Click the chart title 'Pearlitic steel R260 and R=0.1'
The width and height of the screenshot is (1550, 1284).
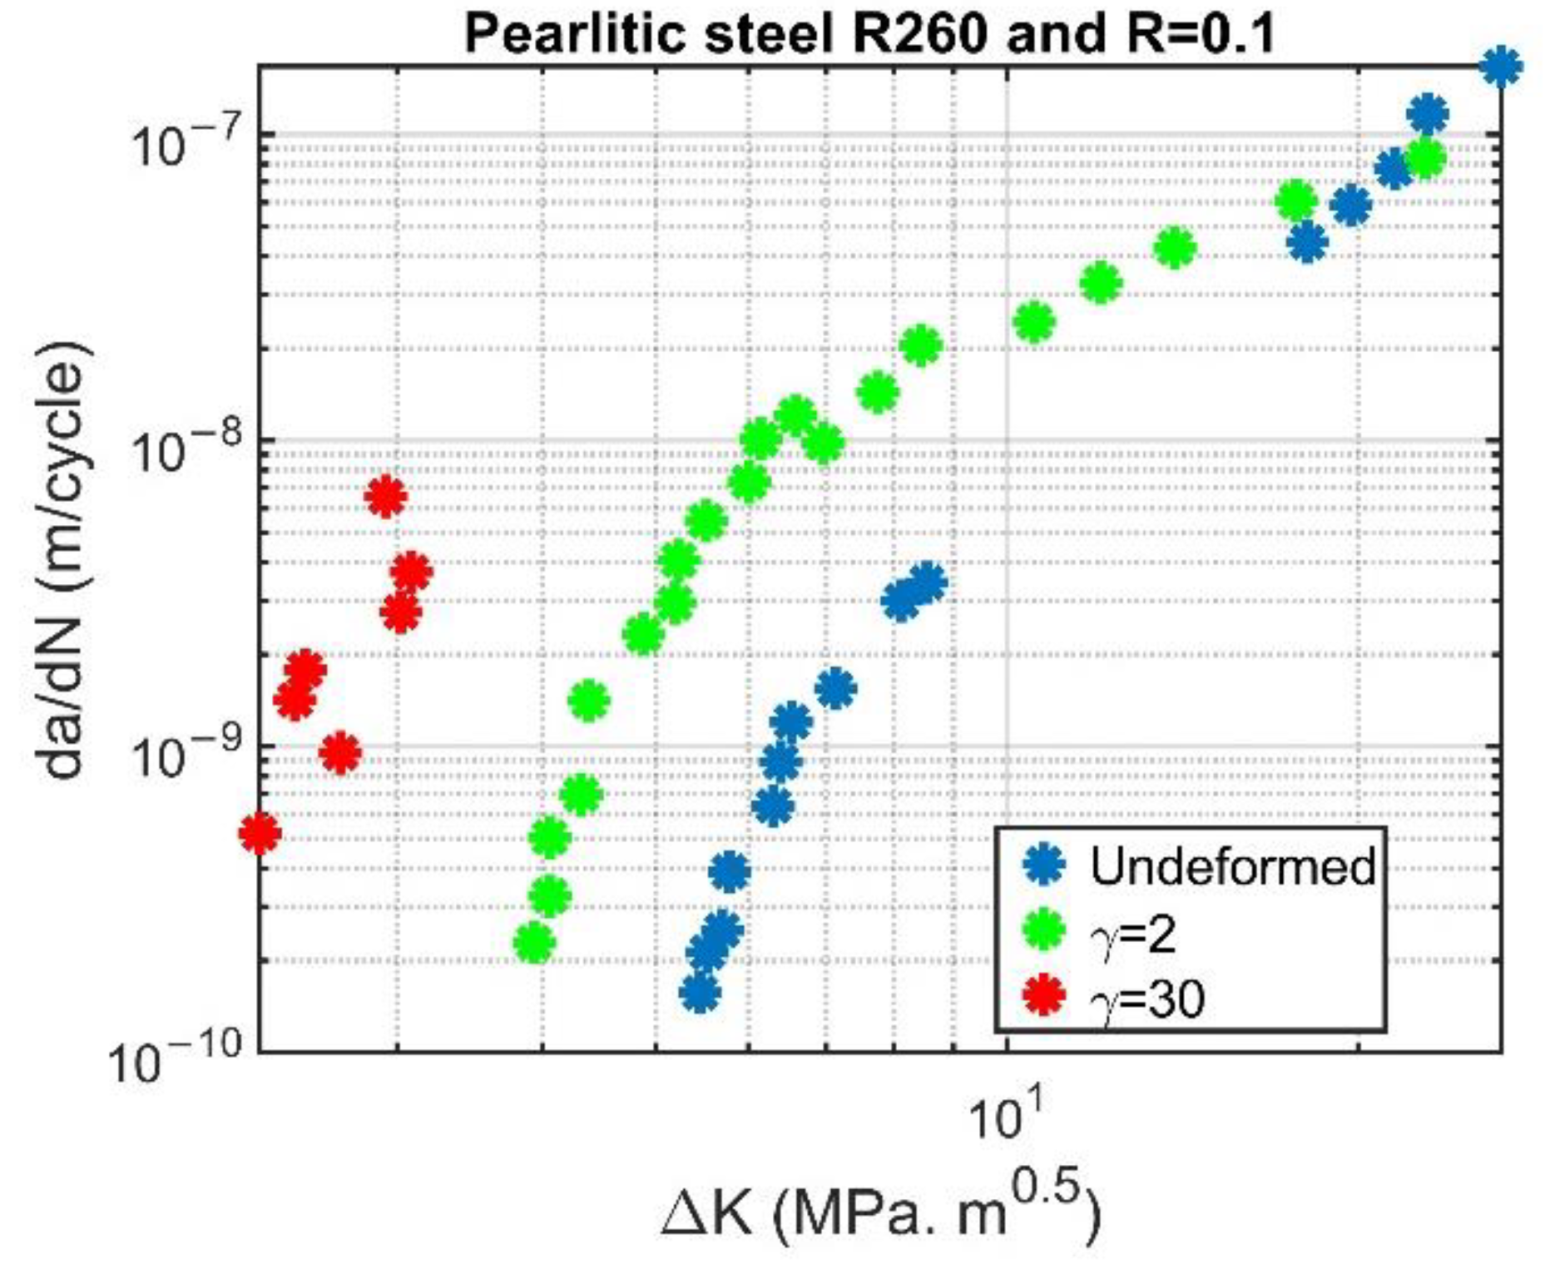tap(869, 35)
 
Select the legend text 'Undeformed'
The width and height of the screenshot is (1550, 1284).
tap(1233, 865)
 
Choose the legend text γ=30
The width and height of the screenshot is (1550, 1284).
tap(1148, 997)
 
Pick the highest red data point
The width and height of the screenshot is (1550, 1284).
tap(385, 497)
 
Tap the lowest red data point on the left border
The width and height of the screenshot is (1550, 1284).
tap(260, 833)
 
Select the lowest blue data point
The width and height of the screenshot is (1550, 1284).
tap(700, 992)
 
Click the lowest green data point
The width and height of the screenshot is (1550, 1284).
tap(534, 944)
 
